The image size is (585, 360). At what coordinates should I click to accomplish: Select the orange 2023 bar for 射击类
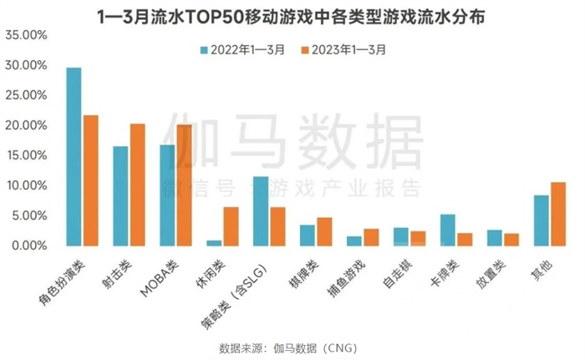pyautogui.click(x=138, y=185)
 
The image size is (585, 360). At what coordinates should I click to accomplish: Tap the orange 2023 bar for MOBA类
pyautogui.click(x=185, y=185)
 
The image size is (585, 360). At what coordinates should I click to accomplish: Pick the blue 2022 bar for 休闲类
pyautogui.click(x=214, y=243)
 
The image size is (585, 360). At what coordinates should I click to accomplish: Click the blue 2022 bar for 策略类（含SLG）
pyautogui.click(x=261, y=211)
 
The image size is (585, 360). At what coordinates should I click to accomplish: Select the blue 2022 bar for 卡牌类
pyautogui.click(x=448, y=230)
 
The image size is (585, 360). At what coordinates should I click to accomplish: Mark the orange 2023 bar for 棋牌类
pyautogui.click(x=324, y=231)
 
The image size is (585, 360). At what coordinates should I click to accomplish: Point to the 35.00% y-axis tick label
pyautogui.click(x=25, y=35)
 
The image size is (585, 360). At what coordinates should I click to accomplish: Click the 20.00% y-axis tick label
pyautogui.click(x=25, y=125)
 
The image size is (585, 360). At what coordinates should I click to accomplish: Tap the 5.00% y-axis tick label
pyautogui.click(x=28, y=215)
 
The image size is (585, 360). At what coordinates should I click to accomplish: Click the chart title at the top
pyautogui.click(x=292, y=15)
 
